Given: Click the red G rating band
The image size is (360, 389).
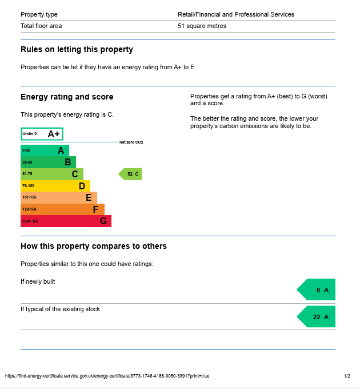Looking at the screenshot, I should [x=66, y=221].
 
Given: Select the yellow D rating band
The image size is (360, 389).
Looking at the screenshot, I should [x=55, y=186].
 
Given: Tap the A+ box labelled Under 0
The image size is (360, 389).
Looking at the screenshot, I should [x=42, y=134].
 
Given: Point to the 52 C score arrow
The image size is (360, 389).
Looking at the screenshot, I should [x=130, y=174].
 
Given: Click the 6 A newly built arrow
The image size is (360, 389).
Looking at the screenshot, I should [x=317, y=290].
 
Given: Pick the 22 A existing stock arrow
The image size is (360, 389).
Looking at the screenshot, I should [x=317, y=317].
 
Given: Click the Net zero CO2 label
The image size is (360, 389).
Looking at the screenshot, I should [x=131, y=142].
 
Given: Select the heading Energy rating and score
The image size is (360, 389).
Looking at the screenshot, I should [x=67, y=97].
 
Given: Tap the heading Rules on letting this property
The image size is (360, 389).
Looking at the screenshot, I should [x=77, y=50].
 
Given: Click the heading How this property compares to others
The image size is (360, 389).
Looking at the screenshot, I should [x=94, y=247].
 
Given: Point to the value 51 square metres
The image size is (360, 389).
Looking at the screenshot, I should [x=202, y=26].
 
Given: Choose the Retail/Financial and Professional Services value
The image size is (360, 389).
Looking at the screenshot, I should [x=236, y=14].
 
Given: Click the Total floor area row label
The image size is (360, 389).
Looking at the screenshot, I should [x=41, y=26].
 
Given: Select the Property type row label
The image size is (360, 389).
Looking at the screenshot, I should [x=39, y=14].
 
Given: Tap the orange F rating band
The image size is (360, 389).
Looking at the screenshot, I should [x=62, y=209].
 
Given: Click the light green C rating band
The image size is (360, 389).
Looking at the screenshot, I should [x=52, y=174].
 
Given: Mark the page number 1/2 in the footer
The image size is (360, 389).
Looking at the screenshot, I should [x=347, y=376].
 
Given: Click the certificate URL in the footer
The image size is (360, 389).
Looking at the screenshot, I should [x=107, y=376].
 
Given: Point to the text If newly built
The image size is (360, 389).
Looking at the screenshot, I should [x=38, y=281].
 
